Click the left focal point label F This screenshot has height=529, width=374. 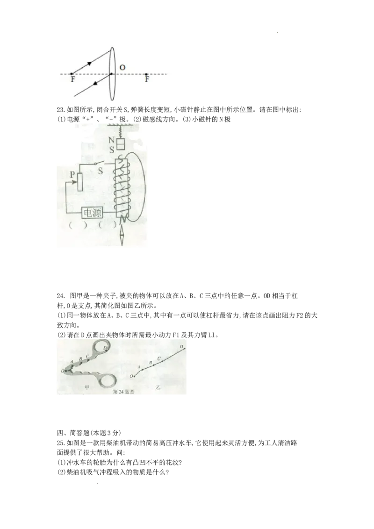[x=73, y=80]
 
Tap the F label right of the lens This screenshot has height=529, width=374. [x=147, y=80]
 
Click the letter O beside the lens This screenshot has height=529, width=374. [x=122, y=68]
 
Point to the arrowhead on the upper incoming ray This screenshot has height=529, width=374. [x=89, y=64]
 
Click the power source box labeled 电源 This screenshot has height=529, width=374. [x=92, y=213]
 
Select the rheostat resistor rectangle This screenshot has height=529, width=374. [x=79, y=182]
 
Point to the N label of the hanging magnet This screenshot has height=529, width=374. [x=112, y=140]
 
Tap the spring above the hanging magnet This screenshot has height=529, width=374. [x=121, y=131]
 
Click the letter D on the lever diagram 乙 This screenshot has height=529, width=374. [x=181, y=347]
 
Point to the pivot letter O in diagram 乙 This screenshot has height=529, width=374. [x=131, y=376]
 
